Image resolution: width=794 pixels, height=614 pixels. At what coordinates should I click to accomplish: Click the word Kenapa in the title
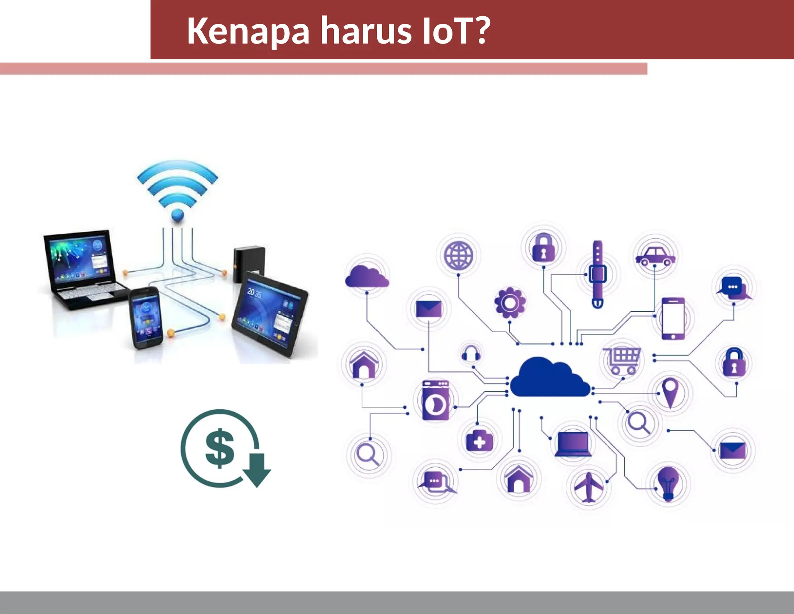coord(248,31)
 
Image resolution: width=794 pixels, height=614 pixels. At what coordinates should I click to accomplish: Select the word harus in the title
coord(366,31)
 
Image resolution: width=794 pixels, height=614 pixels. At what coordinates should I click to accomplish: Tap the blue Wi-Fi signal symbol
coord(178,190)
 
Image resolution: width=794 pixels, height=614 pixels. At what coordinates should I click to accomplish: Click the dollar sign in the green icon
coord(219,448)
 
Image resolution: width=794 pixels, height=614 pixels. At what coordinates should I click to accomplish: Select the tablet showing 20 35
coord(270,313)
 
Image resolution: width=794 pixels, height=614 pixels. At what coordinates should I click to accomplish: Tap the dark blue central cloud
coord(550,378)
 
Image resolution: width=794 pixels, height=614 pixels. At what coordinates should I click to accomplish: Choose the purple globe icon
coord(459,255)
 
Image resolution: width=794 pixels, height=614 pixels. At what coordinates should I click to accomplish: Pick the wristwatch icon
coord(597,274)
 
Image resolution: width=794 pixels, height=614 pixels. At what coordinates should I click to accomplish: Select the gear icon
coord(510,303)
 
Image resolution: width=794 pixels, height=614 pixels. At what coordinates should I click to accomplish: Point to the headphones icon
coord(471,353)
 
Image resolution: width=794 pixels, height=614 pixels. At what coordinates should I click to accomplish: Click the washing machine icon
coord(436,401)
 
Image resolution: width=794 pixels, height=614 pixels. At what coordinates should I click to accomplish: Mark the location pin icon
coord(670,392)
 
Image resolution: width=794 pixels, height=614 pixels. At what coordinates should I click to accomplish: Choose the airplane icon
coord(589,487)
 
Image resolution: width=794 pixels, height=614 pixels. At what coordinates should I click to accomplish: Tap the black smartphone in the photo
coord(146,317)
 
